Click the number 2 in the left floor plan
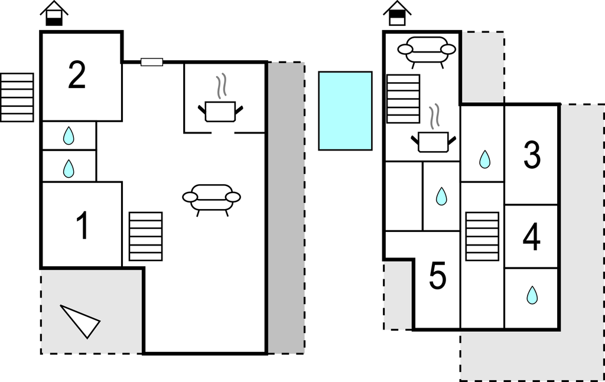coord(77,76)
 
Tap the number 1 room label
coord(83,227)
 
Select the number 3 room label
coord(532,155)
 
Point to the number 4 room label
coord(532,238)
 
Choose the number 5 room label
coord(437,276)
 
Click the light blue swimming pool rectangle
coord(345,110)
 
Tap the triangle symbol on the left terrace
coord(81,320)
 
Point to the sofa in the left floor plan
coord(212,197)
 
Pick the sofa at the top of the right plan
coord(426,50)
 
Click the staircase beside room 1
coord(145,236)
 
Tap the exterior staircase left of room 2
coord(17,97)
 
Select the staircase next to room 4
coord(482,236)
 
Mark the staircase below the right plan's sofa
coord(403,99)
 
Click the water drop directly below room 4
coord(532,295)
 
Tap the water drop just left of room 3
coord(484,159)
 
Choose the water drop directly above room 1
coord(69,169)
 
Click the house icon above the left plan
coord(54,13)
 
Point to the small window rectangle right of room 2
coord(152,61)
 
